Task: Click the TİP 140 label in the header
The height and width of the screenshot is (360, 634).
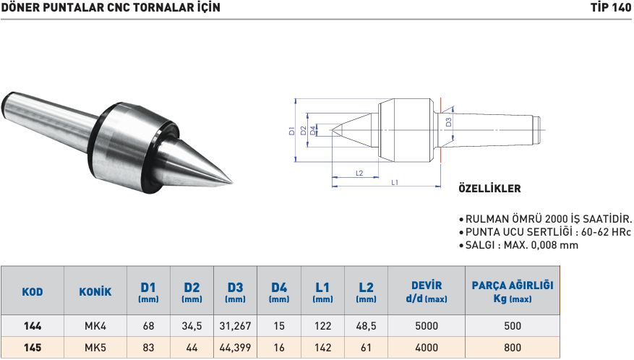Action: point(610,8)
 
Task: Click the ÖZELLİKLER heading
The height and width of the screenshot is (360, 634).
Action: point(489,189)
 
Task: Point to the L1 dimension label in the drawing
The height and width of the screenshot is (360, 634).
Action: point(395,183)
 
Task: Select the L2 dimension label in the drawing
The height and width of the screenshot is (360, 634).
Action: point(359,173)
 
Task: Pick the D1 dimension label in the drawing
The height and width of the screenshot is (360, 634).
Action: point(292,131)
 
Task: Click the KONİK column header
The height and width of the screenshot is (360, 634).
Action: point(95,292)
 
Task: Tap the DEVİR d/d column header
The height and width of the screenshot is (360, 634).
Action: point(427,291)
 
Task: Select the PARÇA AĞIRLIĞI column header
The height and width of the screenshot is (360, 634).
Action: point(512,291)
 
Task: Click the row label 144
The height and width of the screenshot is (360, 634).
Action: point(33,326)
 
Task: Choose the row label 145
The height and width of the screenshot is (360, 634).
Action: point(33,347)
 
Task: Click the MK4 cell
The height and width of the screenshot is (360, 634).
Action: point(95,326)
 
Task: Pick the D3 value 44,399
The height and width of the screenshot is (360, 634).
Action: point(235,347)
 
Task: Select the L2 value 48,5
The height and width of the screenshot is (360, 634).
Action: point(366,326)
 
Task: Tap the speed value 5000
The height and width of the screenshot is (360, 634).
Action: point(427,326)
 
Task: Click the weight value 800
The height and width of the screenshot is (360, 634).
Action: point(512,347)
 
